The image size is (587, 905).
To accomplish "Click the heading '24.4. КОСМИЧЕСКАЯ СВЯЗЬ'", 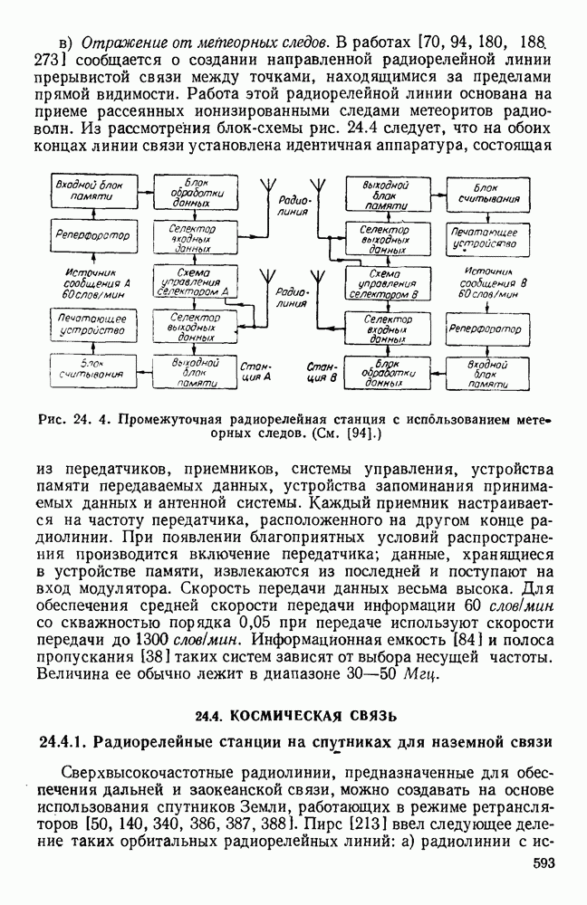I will coord(295,717).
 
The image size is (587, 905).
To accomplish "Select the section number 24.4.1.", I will coord(65,743).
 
